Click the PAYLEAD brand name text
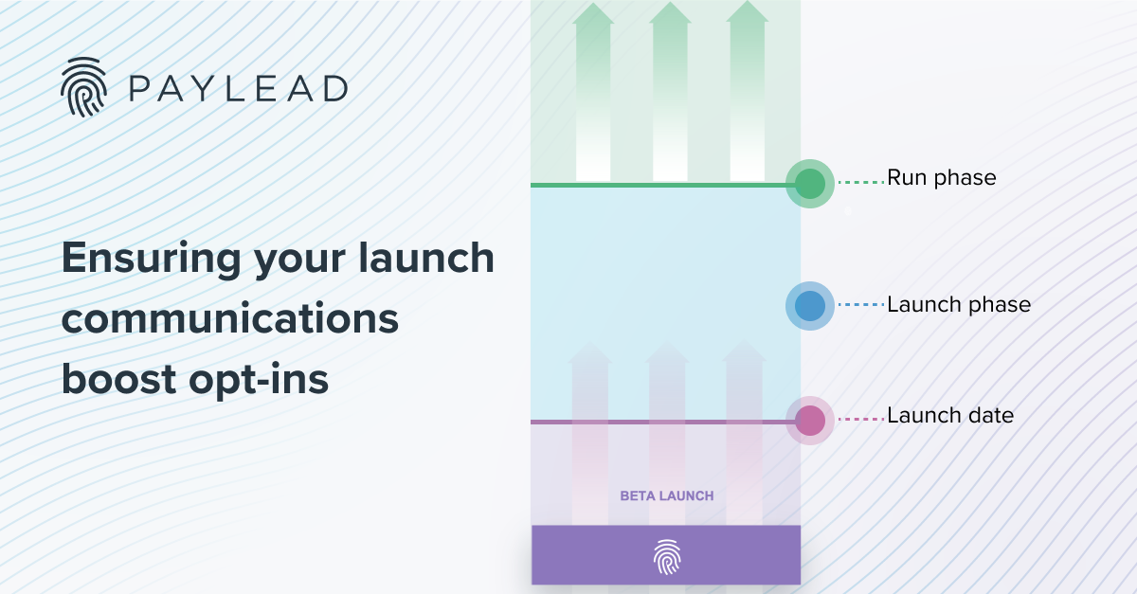(236, 89)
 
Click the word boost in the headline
(114, 379)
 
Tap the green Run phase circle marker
(809, 184)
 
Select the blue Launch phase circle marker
(809, 306)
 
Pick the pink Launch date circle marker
(809, 421)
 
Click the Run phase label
(941, 178)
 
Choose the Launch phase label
(958, 306)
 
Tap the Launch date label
(949, 416)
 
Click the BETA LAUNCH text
(666, 495)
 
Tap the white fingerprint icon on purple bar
(667, 557)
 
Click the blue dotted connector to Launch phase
(861, 306)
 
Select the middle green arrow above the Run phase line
(670, 95)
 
